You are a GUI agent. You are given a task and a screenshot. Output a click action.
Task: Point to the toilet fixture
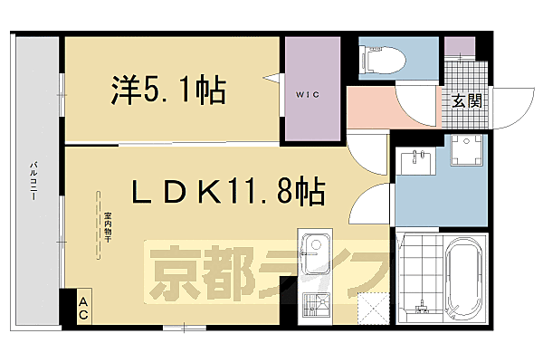tap(378, 59)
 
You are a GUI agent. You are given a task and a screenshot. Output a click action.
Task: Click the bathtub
tap(467, 276)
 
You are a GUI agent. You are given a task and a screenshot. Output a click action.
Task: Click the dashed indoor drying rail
tap(95, 225)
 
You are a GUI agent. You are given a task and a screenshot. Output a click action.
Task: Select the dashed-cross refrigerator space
tap(370, 309)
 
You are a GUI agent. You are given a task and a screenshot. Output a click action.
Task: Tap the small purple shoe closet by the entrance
tap(460, 45)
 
